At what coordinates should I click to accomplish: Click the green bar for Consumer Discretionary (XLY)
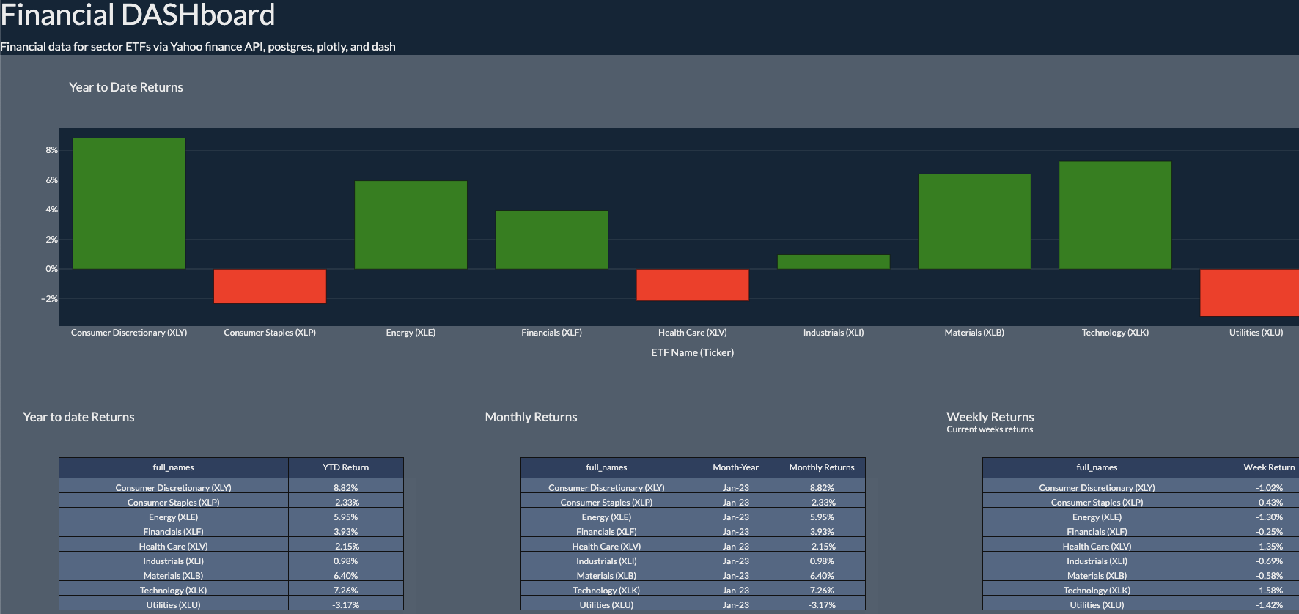129,204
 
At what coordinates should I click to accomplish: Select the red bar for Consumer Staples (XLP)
270,286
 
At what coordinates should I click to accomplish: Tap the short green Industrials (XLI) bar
834,262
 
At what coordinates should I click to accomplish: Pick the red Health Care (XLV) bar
693,284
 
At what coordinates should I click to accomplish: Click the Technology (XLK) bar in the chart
1115,215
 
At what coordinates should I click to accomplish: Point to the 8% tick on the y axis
51,150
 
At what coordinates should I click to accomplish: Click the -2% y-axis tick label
49,299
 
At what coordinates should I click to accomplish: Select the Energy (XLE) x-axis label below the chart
411,333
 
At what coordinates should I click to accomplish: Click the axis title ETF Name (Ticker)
692,352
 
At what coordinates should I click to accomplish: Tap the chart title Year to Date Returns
126,87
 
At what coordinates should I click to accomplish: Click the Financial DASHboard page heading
138,15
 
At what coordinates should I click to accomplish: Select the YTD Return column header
345,467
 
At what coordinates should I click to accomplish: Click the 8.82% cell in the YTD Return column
345,487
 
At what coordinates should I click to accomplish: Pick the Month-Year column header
735,467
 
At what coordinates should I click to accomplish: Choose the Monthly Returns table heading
531,417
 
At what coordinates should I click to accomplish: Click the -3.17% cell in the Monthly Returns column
821,604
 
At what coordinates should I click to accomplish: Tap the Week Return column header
1268,467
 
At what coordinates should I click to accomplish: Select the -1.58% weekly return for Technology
1268,590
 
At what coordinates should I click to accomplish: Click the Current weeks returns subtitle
989,429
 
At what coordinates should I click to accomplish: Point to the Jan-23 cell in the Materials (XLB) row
735,575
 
